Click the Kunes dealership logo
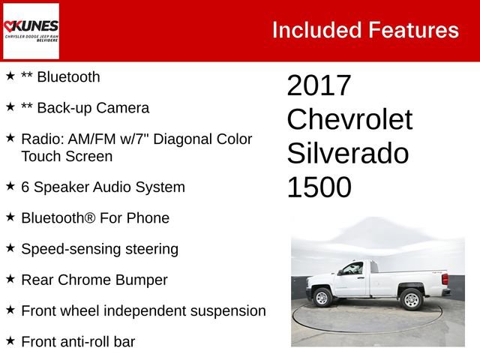31,31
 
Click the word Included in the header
315,30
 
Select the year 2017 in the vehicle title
319,85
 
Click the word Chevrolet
349,119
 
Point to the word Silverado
348,153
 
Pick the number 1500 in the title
319,187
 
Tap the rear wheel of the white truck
412,299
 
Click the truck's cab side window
352,270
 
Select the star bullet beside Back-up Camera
10,107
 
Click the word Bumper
142,280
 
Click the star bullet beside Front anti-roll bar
10,340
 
